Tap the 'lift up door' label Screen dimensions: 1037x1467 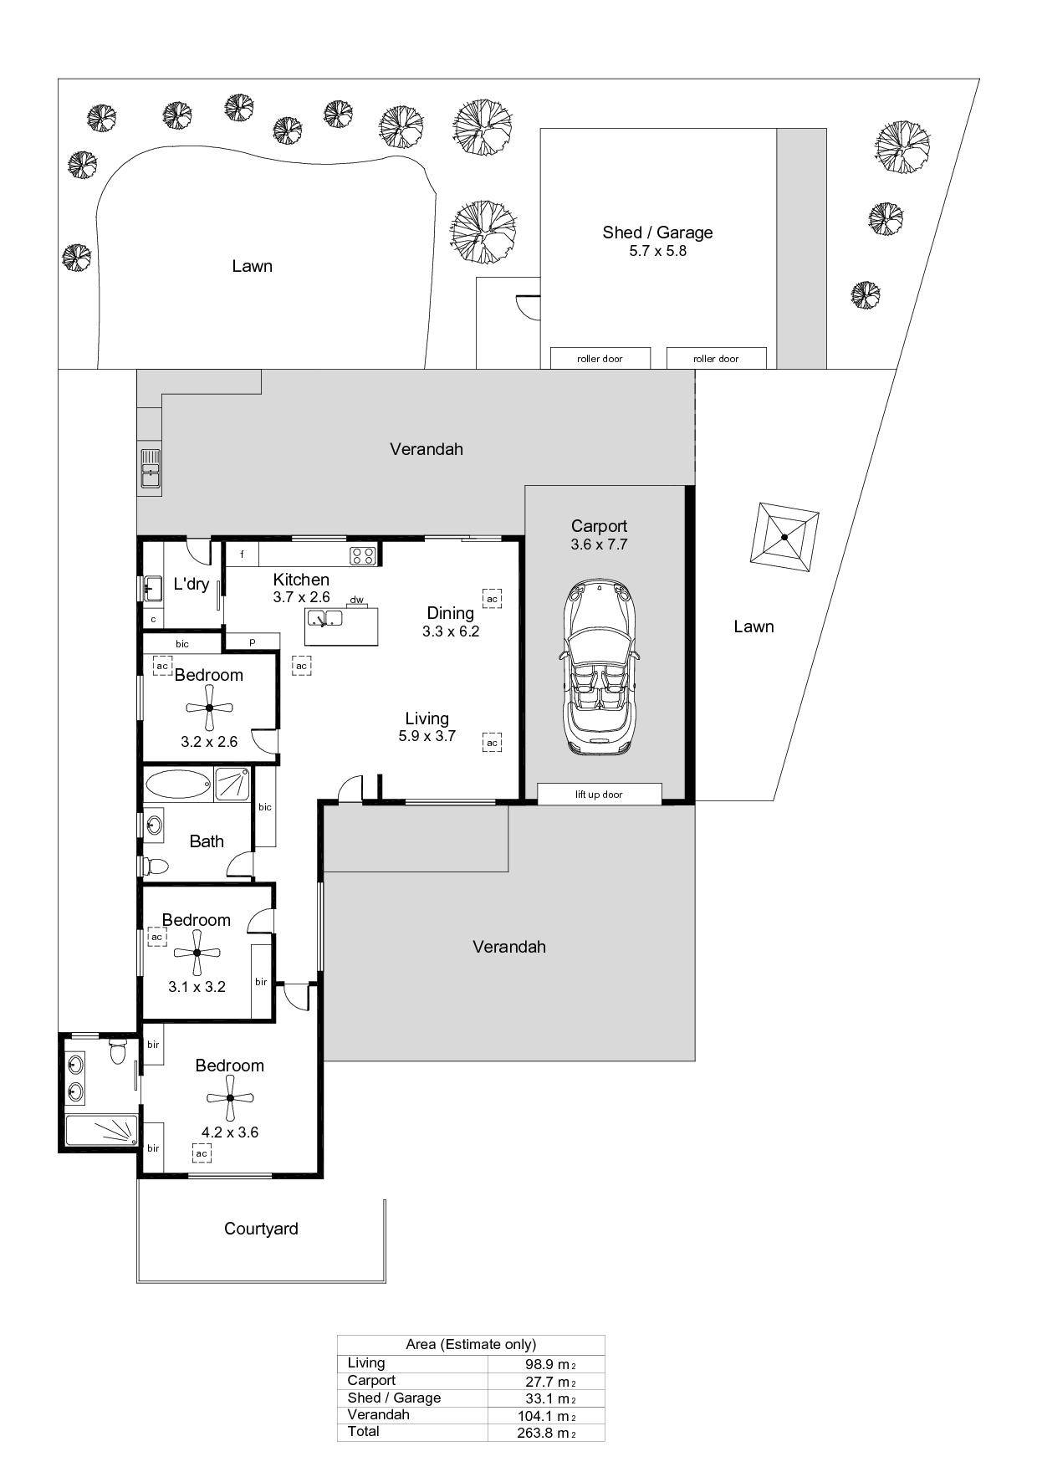[x=599, y=795]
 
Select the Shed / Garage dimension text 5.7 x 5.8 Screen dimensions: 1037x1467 [x=658, y=251]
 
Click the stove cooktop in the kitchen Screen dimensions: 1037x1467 [x=363, y=555]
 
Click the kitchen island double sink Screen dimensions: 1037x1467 [x=324, y=619]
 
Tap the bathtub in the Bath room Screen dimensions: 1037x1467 [x=178, y=785]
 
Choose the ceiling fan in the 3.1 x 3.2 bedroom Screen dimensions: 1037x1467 [x=197, y=952]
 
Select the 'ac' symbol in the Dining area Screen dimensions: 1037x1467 [x=492, y=599]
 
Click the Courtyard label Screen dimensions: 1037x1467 [x=261, y=1229]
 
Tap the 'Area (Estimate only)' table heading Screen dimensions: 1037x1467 [x=471, y=1344]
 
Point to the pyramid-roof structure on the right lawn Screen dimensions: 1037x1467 [x=784, y=537]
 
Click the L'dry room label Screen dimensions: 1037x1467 [x=191, y=584]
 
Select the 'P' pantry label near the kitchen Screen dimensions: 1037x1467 [x=252, y=642]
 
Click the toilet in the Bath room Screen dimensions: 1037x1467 [x=154, y=866]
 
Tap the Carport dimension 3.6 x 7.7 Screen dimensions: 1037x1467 [x=599, y=544]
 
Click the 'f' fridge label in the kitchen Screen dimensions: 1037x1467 [x=243, y=554]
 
